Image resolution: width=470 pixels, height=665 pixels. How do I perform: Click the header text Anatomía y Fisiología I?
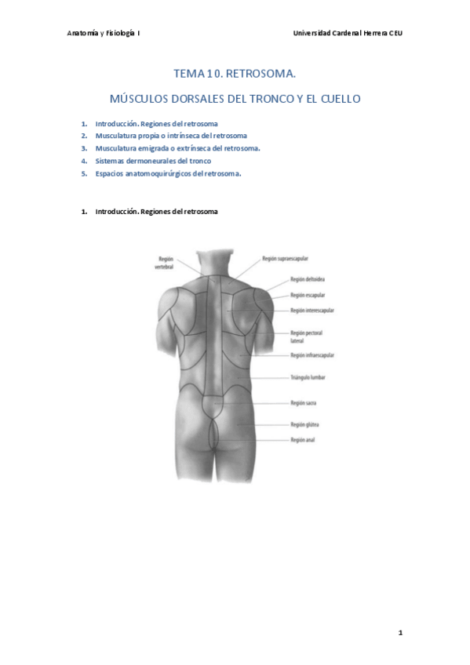(x=104, y=34)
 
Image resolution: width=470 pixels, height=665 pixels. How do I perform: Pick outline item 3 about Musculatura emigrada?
(x=177, y=147)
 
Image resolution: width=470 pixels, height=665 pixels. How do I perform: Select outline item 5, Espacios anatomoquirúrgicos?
(x=168, y=173)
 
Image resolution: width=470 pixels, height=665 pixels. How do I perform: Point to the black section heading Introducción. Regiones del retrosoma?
(x=156, y=212)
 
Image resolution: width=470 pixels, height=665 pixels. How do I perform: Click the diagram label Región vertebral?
(x=166, y=262)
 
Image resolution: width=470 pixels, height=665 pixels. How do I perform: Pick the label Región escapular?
(x=308, y=296)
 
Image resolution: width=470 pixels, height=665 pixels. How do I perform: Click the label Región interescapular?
(x=312, y=311)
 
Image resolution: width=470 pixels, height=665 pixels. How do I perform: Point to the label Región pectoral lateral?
(x=307, y=337)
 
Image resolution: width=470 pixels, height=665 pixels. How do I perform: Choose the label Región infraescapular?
(x=312, y=355)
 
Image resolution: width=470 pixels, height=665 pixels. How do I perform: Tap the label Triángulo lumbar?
(x=308, y=377)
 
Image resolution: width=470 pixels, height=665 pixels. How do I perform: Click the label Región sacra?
(x=303, y=403)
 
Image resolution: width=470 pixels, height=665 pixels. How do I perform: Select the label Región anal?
(x=302, y=440)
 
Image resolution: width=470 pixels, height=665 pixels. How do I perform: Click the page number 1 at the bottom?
(x=400, y=632)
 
